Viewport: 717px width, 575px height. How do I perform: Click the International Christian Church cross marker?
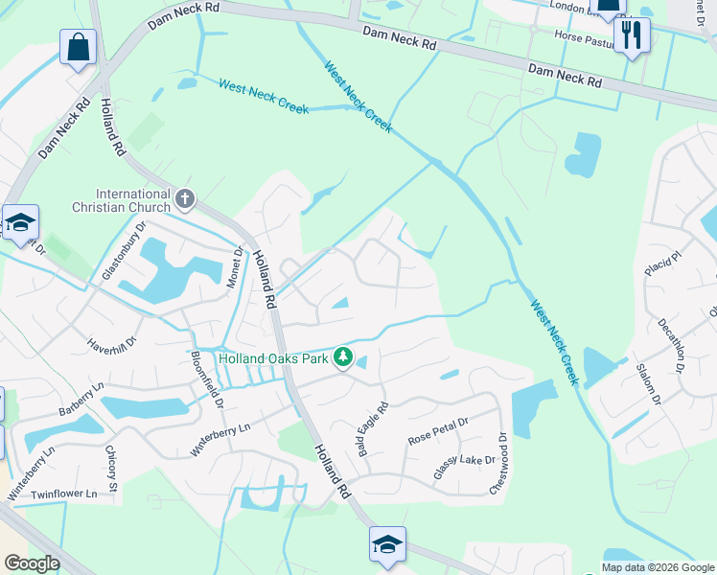coord(185,199)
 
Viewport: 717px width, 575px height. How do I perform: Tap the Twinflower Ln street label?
coord(64,494)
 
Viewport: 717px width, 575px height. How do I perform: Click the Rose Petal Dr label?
coord(437,429)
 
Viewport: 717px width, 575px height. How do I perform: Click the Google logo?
coord(32,563)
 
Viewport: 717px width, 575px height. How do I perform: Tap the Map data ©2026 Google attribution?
coord(658,567)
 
